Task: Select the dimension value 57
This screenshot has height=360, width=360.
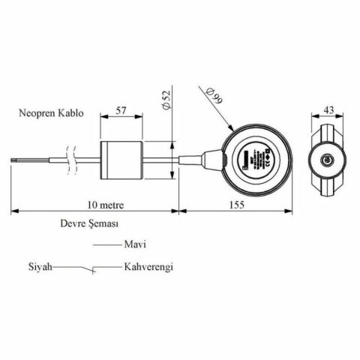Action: coord(124,111)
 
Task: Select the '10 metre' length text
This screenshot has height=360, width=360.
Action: coord(104,204)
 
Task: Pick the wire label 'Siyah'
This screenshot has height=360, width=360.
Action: coord(40,267)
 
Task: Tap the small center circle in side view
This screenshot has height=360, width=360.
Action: coord(326,160)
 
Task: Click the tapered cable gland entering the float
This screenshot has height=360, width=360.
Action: coord(205,160)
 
